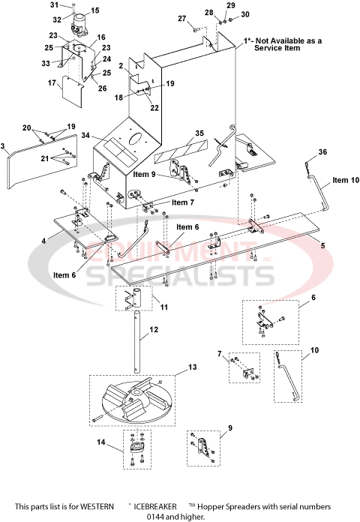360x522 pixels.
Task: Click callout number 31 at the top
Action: (74, 5)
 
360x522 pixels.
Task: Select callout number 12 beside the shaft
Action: (153, 328)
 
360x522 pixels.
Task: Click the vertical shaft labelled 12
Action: (138, 345)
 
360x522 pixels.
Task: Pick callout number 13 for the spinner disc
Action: (193, 367)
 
